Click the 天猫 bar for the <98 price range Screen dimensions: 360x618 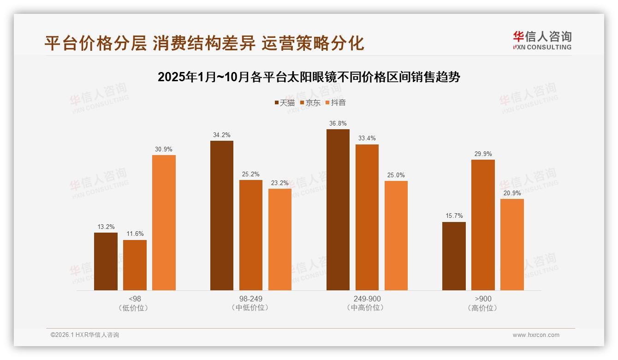coord(106,261)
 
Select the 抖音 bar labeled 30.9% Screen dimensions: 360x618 coord(164,222)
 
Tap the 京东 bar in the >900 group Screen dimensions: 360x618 coord(483,225)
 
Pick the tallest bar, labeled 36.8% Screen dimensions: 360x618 coord(338,210)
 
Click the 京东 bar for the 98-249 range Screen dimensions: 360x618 coord(250,235)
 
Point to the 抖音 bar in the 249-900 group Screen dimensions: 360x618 coord(396,235)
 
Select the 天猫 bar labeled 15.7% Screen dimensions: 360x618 coord(454,256)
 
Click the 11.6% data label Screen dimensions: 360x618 coord(135,234)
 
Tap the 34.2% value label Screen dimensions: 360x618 coord(222,135)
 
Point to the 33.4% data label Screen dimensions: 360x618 coord(367,138)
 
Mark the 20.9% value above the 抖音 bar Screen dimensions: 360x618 coord(512,193)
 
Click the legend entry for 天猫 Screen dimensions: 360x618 coord(285,102)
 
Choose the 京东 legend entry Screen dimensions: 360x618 coord(310,102)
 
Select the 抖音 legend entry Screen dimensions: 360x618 coord(336,102)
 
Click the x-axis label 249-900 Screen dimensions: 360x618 coord(367,299)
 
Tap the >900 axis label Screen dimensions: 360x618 coord(483,299)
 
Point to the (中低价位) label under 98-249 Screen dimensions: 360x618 coord(250,307)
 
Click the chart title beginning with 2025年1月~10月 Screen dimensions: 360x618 coord(309,77)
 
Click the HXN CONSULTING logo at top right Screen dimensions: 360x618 coord(542,40)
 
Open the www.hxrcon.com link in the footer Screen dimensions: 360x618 coord(536,335)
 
